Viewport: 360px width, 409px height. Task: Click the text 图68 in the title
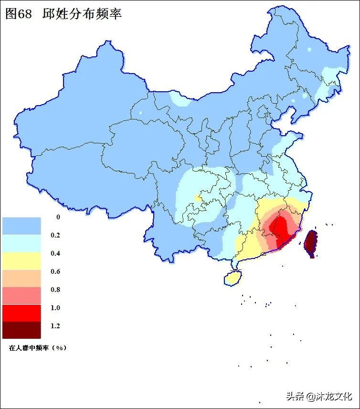pos(18,14)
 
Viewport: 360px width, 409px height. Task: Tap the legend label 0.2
pos(55,236)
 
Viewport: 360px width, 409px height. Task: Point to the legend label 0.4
pos(55,254)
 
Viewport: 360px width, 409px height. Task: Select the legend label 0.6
pos(55,272)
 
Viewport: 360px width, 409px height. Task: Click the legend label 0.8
pos(55,290)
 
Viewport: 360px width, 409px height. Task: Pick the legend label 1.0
pos(55,308)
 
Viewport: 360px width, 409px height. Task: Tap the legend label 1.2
pos(55,326)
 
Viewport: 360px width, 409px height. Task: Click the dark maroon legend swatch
pos(21,330)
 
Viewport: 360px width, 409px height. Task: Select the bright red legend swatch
pos(21,312)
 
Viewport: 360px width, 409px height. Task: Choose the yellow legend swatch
pos(21,261)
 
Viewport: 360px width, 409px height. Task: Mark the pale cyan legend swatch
pos(21,243)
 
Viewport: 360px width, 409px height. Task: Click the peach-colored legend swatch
pos(21,278)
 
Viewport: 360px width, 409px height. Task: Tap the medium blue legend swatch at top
pos(21,226)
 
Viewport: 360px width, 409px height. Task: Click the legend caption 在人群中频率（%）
pos(38,348)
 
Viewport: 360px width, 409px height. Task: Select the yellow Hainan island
pos(233,278)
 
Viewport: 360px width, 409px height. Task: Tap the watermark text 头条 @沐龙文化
pos(318,396)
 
